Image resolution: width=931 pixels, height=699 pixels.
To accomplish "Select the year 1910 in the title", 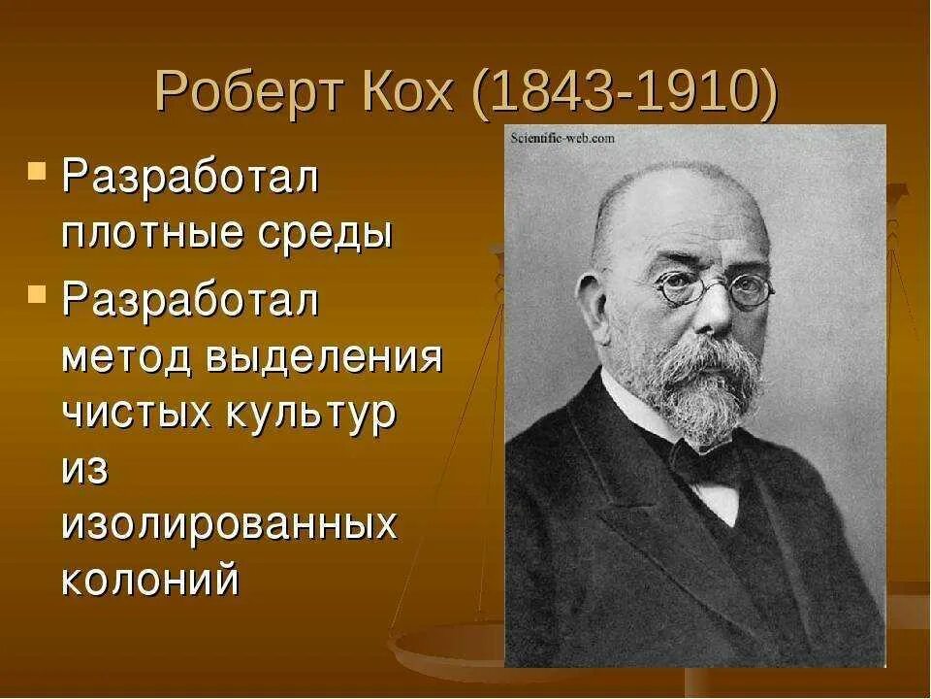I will (697, 94).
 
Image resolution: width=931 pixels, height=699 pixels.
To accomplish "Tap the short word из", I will (85, 471).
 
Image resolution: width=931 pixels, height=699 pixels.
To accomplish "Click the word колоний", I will (150, 581).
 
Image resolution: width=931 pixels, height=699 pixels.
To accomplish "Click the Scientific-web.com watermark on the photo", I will (562, 139).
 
